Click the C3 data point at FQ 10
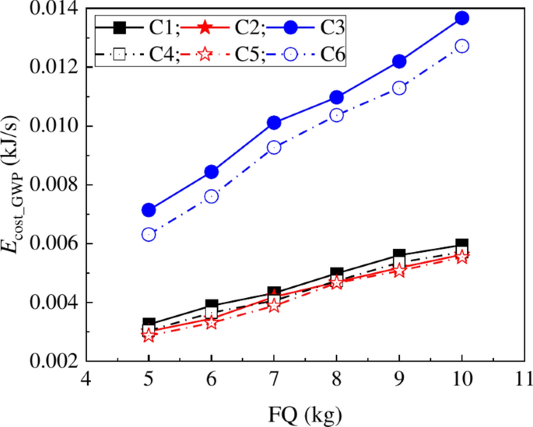pos(461,18)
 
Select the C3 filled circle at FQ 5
pos(149,210)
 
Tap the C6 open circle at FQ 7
pos(274,147)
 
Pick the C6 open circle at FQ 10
pos(461,46)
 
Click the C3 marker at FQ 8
pos(337,97)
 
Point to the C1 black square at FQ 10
pos(461,245)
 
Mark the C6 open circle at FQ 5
pos(149,234)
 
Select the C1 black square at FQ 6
pos(212,306)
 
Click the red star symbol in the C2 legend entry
pos(205,29)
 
